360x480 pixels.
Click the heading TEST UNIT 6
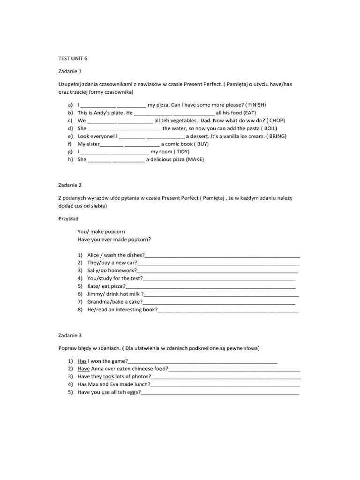73,59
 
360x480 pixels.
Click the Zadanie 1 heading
70,71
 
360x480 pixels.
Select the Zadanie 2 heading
70,185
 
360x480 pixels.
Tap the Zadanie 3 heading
70,336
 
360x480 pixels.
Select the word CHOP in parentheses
277,120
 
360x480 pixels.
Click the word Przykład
68,218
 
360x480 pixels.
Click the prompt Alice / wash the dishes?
116,255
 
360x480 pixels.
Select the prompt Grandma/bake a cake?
115,302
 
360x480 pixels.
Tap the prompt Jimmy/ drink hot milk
115,294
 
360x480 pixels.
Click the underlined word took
109,376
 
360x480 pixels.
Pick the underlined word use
105,392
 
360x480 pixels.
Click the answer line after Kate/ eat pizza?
211,286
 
